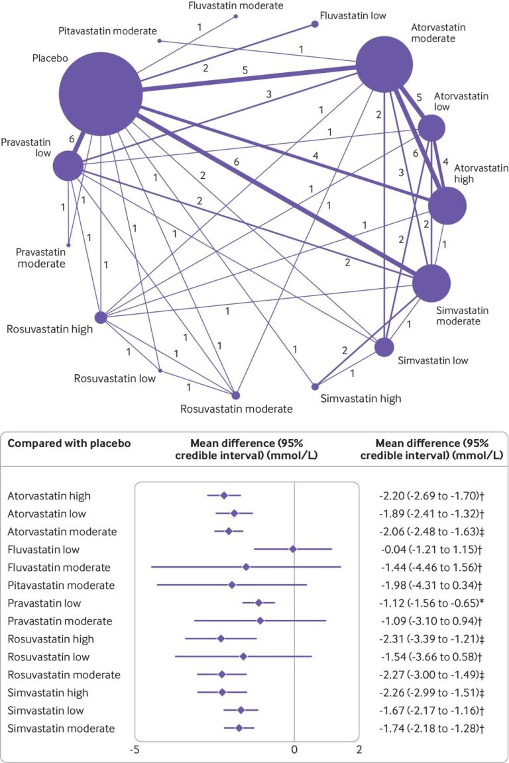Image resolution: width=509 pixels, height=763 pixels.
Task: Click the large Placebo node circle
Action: click(x=100, y=94)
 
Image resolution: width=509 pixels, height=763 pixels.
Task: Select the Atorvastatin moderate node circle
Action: click(x=384, y=64)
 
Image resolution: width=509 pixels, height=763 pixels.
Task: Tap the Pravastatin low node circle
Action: click(x=68, y=166)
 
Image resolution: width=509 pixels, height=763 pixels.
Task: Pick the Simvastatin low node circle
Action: click(x=384, y=347)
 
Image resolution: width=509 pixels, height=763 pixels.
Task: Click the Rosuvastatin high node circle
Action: click(x=101, y=318)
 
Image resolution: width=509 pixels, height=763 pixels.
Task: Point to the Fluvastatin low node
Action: click(x=315, y=24)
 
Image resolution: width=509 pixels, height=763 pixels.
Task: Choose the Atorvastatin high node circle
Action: click(x=447, y=205)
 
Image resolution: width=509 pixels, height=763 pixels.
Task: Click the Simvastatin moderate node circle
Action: click(x=431, y=283)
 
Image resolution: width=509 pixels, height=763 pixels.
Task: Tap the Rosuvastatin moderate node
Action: click(x=236, y=395)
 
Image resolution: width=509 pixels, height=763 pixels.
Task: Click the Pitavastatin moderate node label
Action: click(x=107, y=31)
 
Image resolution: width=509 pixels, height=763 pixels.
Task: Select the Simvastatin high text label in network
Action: click(x=361, y=399)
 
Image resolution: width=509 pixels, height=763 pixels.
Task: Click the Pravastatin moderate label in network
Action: click(x=41, y=258)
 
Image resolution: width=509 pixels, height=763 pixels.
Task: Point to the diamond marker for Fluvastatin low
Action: click(x=293, y=549)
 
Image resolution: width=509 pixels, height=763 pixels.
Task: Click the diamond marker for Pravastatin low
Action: click(x=258, y=603)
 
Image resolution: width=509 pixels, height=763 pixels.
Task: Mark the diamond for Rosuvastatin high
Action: click(x=221, y=639)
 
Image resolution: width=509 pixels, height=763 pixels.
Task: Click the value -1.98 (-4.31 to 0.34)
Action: click(x=430, y=585)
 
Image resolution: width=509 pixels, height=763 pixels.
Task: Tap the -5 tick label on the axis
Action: click(x=135, y=749)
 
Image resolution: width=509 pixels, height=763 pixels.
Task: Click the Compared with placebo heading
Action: click(x=69, y=443)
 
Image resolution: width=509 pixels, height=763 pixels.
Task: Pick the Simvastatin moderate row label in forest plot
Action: click(x=62, y=729)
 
